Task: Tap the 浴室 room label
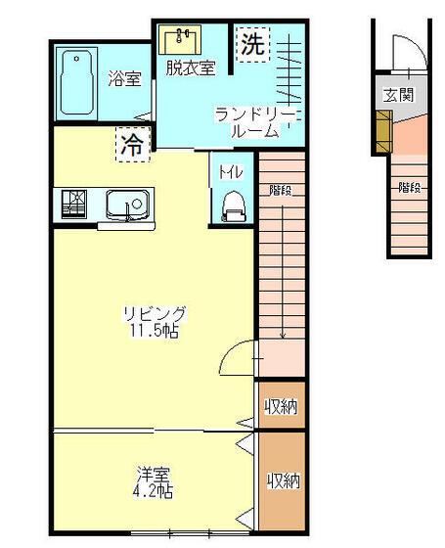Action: (124, 78)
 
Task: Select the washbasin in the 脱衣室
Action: (180, 39)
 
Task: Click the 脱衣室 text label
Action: (191, 68)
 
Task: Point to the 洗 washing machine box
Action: (253, 44)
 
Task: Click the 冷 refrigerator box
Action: (133, 145)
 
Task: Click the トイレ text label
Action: (231, 172)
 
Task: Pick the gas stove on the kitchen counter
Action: (74, 205)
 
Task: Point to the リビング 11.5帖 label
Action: (155, 321)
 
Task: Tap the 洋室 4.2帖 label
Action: (154, 482)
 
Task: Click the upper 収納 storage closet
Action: (282, 405)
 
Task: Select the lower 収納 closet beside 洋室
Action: (283, 481)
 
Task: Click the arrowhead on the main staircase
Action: (283, 336)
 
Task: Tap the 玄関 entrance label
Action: (399, 94)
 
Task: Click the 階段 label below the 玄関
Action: (409, 188)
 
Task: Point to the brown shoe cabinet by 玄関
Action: (383, 131)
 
